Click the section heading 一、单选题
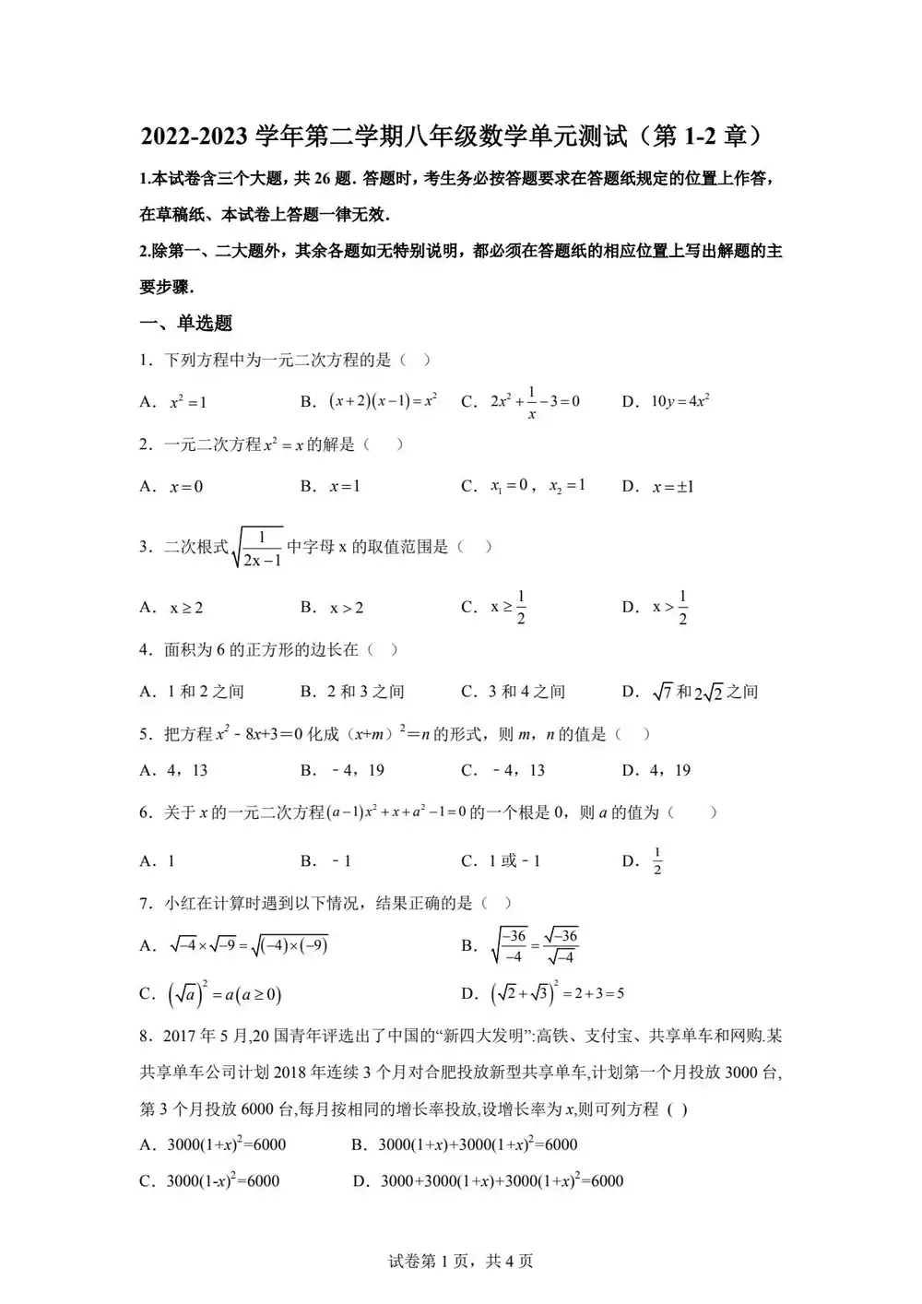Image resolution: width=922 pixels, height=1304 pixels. click(185, 323)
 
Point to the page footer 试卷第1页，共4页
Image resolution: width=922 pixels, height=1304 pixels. click(461, 1261)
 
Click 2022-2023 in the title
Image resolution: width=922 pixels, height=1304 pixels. click(194, 136)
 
